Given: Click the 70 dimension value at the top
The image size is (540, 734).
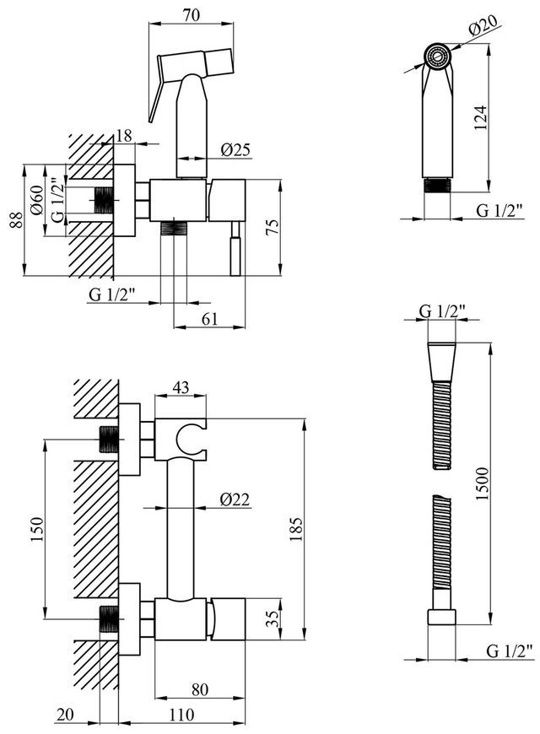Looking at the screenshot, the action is point(192,14).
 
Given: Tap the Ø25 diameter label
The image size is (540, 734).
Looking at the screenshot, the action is point(235,150).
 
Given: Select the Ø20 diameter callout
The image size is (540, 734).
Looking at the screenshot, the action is point(483,26).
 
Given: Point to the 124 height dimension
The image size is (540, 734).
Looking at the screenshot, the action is point(480,118).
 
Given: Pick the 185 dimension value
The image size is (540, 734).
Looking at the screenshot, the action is point(296,529).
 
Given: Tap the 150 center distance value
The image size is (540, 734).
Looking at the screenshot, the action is point(36,529).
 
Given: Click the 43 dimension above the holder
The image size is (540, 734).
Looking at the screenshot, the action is point(181,387).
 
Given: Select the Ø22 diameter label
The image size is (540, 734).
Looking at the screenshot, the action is point(235,500).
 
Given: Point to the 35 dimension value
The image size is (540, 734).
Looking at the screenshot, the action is point(274,619).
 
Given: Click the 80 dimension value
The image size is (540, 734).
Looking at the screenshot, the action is point(199,689).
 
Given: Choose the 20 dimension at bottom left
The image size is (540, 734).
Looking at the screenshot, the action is point(66,715).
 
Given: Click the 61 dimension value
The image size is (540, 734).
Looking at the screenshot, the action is point(209,319).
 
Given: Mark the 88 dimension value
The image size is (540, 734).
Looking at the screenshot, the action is point(16,220).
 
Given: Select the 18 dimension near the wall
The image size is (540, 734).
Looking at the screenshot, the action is point(124,135).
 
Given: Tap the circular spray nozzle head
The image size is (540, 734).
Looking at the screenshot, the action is point(438,57).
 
